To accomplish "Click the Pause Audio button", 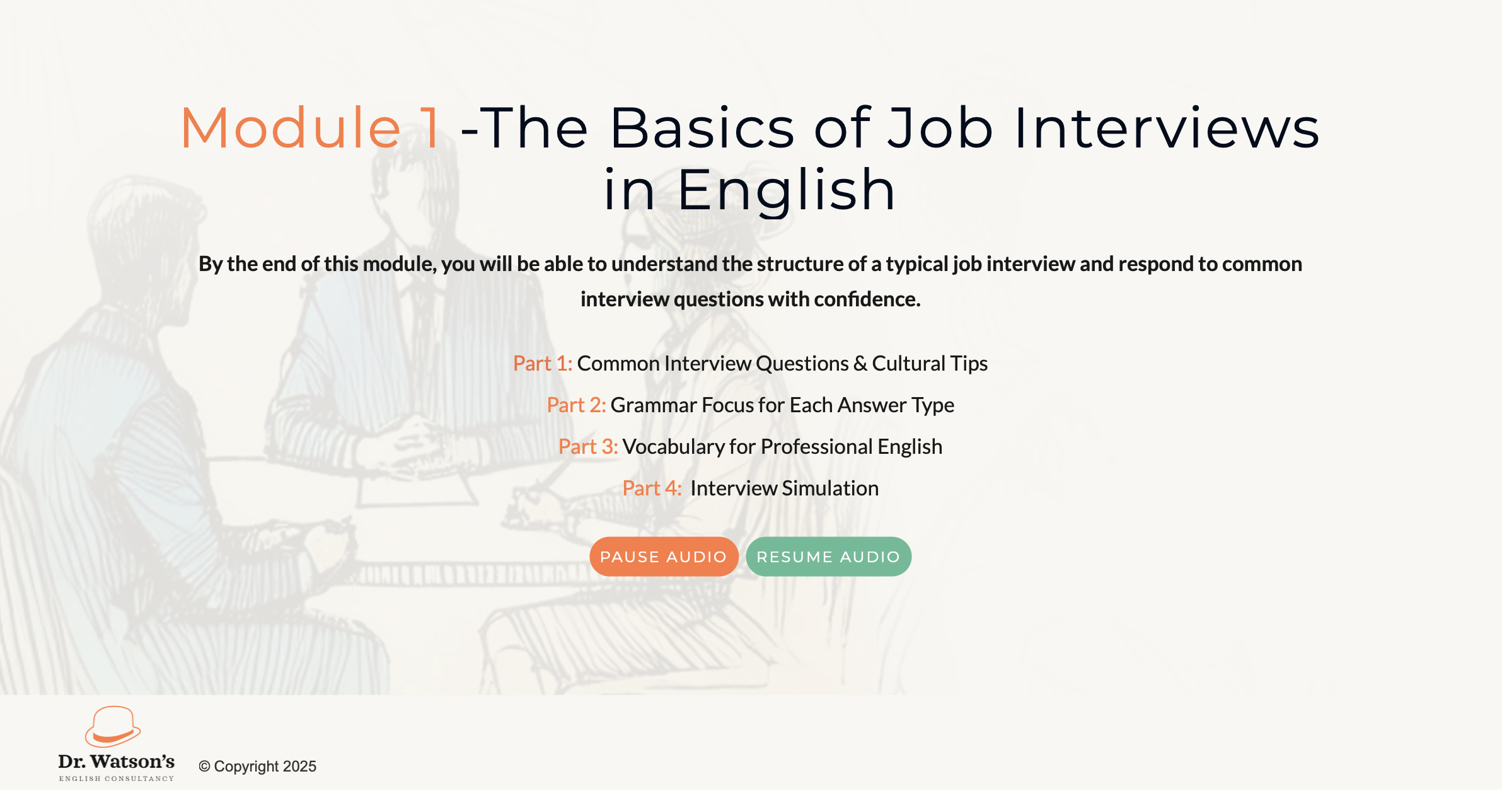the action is click(x=664, y=557).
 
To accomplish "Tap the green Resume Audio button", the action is click(x=828, y=557).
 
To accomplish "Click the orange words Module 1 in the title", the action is click(x=311, y=128).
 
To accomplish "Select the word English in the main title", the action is click(x=786, y=190).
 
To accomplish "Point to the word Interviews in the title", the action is click(x=1166, y=128).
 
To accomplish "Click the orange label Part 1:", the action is click(x=543, y=364).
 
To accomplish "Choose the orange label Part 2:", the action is click(x=576, y=405).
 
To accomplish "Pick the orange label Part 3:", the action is click(x=588, y=447).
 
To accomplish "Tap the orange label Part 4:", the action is click(x=652, y=489).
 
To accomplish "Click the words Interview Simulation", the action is click(x=784, y=489).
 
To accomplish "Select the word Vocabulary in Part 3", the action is click(x=674, y=447).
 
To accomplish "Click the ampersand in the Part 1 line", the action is click(x=860, y=364).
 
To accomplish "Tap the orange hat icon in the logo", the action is click(x=113, y=727).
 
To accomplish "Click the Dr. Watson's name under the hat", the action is click(x=117, y=761).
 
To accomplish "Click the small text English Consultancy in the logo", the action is click(x=117, y=779).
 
